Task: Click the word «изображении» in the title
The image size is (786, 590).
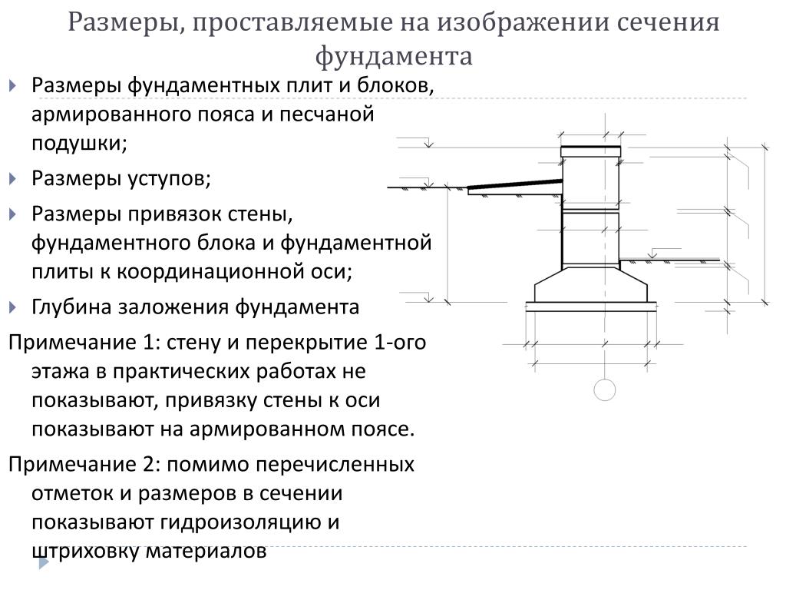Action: pyautogui.click(x=522, y=22)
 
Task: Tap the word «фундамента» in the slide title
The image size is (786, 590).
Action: pyautogui.click(x=394, y=56)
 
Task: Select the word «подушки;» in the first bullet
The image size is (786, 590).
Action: pyautogui.click(x=80, y=144)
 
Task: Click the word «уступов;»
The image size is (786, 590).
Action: pyautogui.click(x=169, y=178)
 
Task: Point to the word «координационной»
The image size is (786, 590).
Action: pyautogui.click(x=235, y=272)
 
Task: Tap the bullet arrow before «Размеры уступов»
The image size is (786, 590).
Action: pyautogui.click(x=13, y=179)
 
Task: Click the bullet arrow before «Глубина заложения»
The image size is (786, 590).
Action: pyautogui.click(x=13, y=307)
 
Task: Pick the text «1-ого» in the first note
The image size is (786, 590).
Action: pyautogui.click(x=399, y=342)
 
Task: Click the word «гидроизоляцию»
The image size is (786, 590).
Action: pyautogui.click(x=250, y=522)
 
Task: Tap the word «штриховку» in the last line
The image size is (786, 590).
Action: pyautogui.click(x=85, y=552)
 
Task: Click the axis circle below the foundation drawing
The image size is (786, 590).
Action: pyautogui.click(x=605, y=389)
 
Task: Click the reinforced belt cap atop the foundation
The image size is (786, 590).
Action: pyautogui.click(x=590, y=151)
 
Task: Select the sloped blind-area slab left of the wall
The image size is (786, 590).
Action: pyautogui.click(x=515, y=187)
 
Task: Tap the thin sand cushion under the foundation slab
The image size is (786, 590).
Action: pyautogui.click(x=591, y=307)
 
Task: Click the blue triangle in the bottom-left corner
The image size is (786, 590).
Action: pyautogui.click(x=44, y=563)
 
